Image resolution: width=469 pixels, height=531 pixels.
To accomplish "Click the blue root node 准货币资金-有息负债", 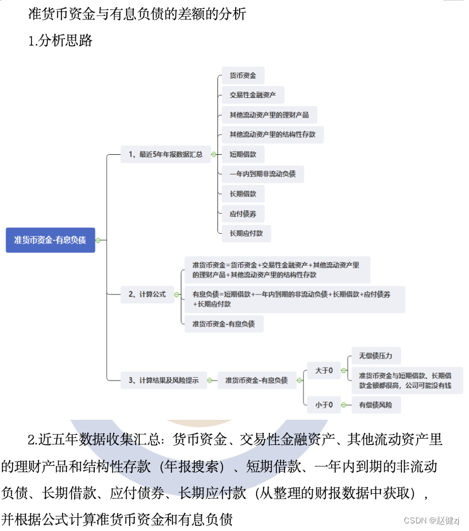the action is tap(51, 240).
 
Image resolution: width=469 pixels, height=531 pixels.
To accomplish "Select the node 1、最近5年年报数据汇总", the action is tap(165, 154).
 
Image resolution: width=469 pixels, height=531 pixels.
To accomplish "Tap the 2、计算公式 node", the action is tap(147, 294).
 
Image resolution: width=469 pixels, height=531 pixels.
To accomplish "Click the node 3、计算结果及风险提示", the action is tap(163, 380).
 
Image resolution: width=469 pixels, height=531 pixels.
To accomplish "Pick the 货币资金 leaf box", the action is tap(243, 76).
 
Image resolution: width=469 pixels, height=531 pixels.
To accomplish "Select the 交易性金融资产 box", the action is tap(252, 95).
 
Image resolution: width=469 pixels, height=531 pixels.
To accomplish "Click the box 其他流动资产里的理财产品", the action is tap(269, 115).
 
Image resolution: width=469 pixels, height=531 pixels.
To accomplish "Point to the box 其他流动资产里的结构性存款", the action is tap(272, 135).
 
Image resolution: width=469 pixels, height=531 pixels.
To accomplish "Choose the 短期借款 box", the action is tap(243, 154).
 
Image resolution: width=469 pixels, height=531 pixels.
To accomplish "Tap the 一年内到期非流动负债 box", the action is tap(262, 174).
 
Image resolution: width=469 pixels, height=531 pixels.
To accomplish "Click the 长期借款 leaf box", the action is tap(243, 193).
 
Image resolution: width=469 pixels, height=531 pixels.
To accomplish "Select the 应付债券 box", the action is tap(243, 214).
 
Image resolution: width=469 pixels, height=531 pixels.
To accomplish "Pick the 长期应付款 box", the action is tap(246, 233).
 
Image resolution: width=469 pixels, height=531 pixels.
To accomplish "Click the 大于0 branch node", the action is tap(324, 370).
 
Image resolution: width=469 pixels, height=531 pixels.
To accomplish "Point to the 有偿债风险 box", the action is tap(375, 405).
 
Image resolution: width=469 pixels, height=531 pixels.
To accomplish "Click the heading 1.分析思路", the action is tap(61, 41).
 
